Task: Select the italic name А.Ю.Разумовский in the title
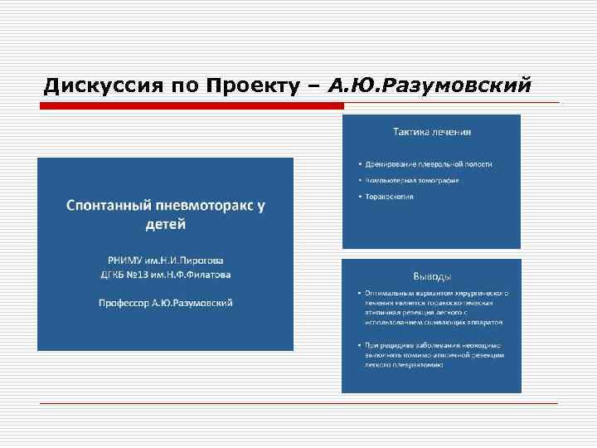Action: pyautogui.click(x=428, y=86)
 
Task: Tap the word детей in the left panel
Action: pyautogui.click(x=166, y=225)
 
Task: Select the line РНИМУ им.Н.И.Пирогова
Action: pyautogui.click(x=166, y=259)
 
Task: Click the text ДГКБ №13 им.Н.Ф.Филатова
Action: pyautogui.click(x=166, y=275)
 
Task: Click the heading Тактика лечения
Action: pyautogui.click(x=432, y=131)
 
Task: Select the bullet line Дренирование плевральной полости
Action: pyautogui.click(x=426, y=164)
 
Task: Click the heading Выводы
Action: pyautogui.click(x=432, y=276)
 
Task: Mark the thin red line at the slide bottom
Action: pyautogui.click(x=298, y=402)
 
